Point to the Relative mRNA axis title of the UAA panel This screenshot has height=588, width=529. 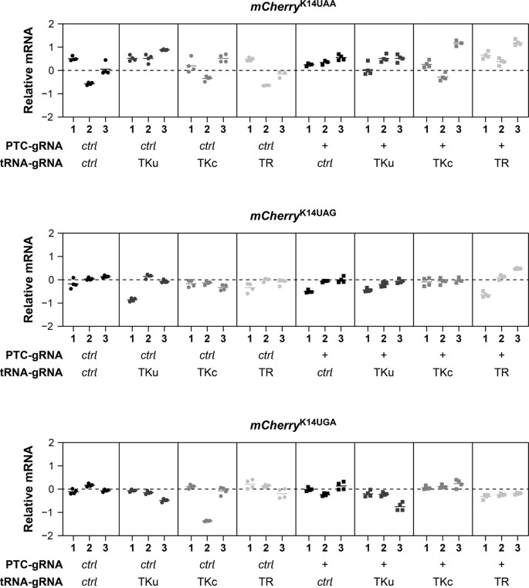(29, 70)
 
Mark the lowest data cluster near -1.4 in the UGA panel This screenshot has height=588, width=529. (207, 521)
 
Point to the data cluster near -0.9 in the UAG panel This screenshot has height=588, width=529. (133, 300)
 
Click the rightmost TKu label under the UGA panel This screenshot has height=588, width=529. (384, 580)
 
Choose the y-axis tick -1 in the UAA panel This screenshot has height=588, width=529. (49, 94)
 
